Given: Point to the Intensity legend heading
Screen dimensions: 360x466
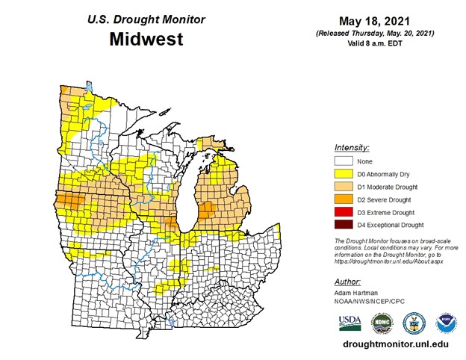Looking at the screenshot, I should pyautogui.click(x=352, y=148).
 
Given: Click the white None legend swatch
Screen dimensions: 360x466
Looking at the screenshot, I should pyautogui.click(x=344, y=161).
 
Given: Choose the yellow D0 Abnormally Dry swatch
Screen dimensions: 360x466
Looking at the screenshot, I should pyautogui.click(x=344, y=173).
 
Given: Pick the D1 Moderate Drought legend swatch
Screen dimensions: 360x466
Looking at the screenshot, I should pyautogui.click(x=344, y=186).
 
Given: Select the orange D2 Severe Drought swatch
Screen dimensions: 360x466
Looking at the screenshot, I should pyautogui.click(x=344, y=199).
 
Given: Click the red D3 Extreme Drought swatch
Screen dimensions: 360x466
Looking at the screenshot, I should pyautogui.click(x=344, y=212).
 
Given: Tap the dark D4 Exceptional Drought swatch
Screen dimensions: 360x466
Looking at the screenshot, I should pyautogui.click(x=344, y=225).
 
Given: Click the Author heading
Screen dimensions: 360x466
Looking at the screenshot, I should pyautogui.click(x=347, y=282).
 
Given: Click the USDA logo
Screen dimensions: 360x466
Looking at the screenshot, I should pyautogui.click(x=349, y=323).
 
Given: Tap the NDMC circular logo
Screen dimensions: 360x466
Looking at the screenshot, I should pyautogui.click(x=381, y=323).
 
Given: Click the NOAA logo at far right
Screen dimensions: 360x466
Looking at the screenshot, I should pyautogui.click(x=446, y=323).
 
